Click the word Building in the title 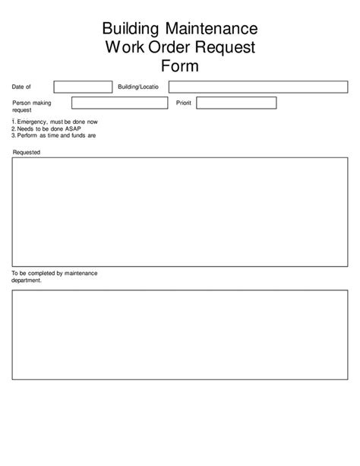pos(130,30)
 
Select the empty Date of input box pos(82,87)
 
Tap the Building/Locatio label pos(138,87)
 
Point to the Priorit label pos(184,103)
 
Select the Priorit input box pos(244,103)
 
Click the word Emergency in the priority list pos(32,122)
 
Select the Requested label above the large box pos(27,152)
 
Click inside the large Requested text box pos(180,212)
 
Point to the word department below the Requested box pos(27,280)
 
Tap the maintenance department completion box pos(180,334)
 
